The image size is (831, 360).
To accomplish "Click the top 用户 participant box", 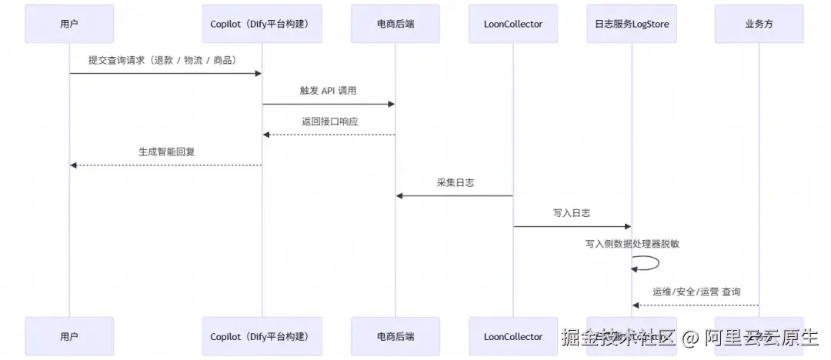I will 69,24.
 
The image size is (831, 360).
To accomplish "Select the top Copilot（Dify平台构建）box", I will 262,24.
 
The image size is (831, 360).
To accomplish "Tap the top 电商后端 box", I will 395,24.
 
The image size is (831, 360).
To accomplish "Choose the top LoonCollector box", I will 513,24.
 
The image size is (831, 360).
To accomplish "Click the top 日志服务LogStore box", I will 632,24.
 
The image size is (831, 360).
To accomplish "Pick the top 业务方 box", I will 759,24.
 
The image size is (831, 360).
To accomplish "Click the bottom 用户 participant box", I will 69,336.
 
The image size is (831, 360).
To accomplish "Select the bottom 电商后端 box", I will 395,336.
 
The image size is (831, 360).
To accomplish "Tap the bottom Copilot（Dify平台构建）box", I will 262,336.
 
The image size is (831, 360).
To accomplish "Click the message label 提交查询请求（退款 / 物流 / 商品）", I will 165,60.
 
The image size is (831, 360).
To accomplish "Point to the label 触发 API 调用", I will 329,91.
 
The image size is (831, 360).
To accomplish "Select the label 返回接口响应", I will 329,122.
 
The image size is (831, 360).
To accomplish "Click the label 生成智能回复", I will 165,152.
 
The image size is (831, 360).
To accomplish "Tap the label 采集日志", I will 454,182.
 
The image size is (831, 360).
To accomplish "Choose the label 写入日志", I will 572,213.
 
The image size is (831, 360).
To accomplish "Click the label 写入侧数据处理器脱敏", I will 632,244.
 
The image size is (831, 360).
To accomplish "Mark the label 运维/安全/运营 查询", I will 696,292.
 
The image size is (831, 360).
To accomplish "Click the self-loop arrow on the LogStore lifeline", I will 650,263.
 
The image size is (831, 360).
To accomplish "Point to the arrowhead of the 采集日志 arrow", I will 400,195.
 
